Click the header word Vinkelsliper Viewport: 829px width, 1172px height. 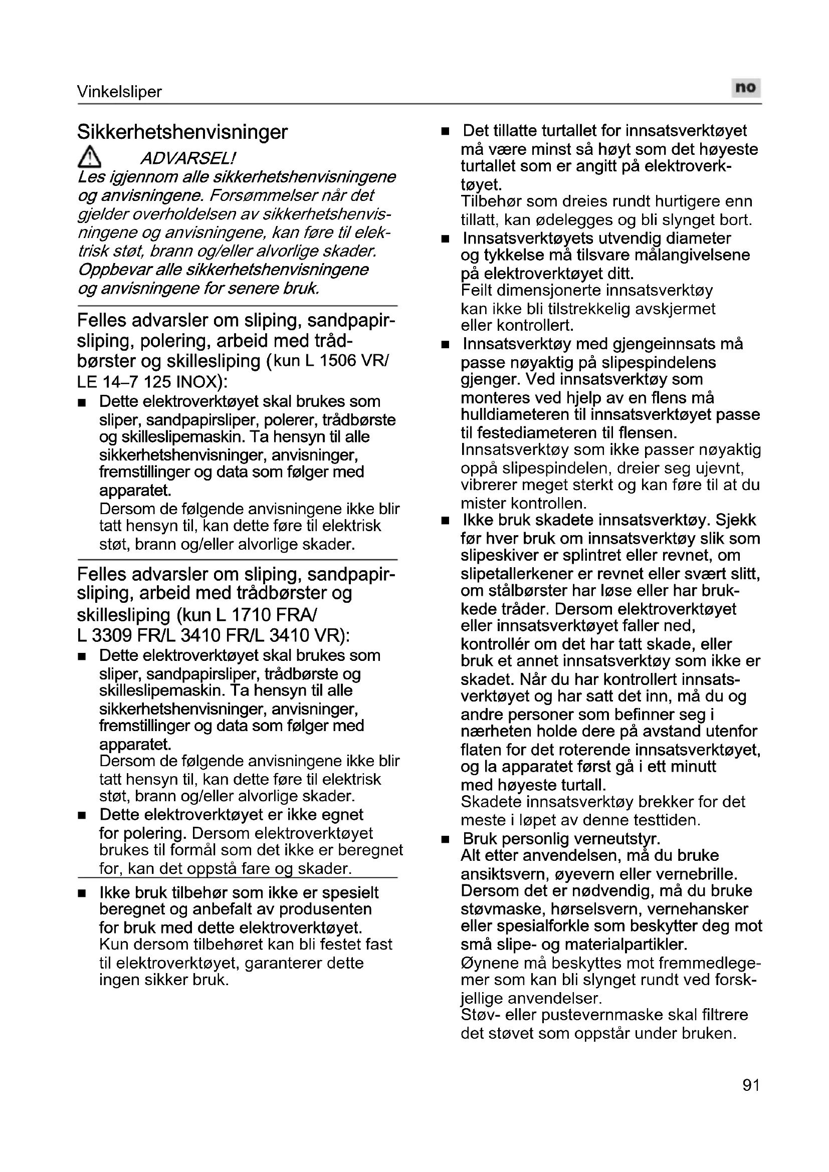[x=119, y=92]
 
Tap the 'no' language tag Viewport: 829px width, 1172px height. [x=745, y=88]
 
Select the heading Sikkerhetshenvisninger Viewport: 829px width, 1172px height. [x=182, y=132]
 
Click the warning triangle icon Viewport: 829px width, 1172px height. [x=89, y=157]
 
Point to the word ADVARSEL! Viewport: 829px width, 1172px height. [x=187, y=158]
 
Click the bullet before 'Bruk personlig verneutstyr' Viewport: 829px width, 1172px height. [x=446, y=839]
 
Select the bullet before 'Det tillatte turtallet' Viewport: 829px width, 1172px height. [x=446, y=131]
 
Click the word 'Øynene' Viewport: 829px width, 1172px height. [x=486, y=963]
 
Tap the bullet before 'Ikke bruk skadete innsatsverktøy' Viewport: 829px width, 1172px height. [x=446, y=521]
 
